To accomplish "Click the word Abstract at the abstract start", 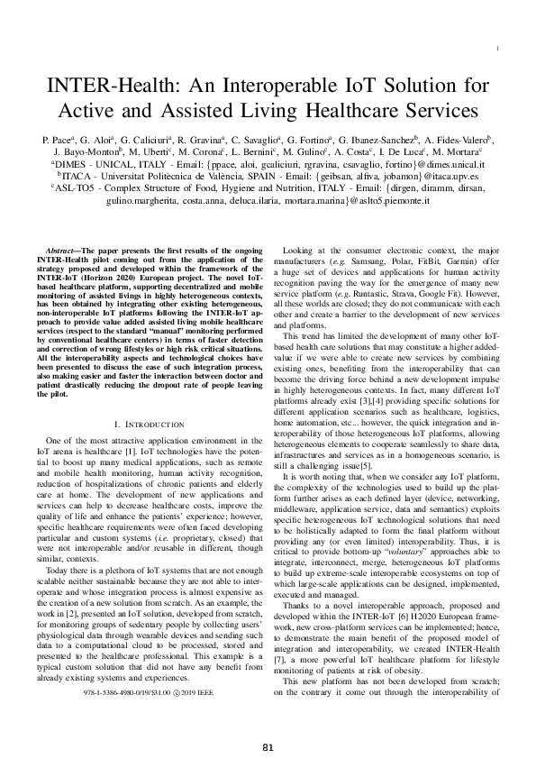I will pyautogui.click(x=64, y=248).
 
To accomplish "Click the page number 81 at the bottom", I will pyautogui.click(x=268, y=747).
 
